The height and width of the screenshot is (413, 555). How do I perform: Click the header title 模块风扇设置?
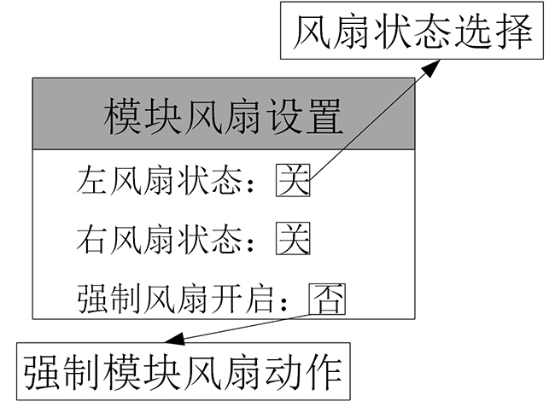click(224, 118)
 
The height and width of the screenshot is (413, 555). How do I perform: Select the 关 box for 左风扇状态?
click(293, 180)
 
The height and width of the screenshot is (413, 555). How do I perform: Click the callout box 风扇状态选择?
click(412, 35)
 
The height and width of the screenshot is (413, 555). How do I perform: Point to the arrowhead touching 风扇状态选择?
click(434, 67)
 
